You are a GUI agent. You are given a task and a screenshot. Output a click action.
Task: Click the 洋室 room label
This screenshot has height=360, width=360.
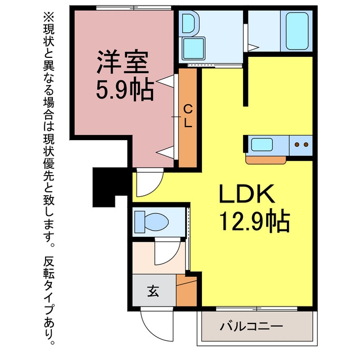point(123,61)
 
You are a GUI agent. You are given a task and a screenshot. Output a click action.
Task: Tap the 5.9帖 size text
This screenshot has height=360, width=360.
point(124,90)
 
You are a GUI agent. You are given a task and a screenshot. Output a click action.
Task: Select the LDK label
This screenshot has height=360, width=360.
point(247,194)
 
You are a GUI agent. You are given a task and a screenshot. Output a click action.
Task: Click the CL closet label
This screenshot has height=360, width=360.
point(188,116)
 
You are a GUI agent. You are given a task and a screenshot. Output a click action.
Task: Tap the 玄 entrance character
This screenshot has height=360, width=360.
point(153,291)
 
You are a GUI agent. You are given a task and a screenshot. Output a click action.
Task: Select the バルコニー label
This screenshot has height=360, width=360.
point(251,326)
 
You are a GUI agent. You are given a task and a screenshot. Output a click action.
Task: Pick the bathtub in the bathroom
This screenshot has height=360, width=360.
point(296,31)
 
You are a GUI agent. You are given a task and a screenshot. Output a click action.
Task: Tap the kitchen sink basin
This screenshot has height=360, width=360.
point(262,145)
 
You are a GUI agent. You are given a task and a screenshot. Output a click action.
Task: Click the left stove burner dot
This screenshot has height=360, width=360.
point(297,145)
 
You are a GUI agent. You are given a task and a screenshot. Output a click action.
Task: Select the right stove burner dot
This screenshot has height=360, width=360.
point(306,145)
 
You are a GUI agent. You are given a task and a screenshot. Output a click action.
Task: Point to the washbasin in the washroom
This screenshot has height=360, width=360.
point(189,22)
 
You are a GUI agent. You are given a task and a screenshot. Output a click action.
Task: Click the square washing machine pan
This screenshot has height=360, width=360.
point(193,49)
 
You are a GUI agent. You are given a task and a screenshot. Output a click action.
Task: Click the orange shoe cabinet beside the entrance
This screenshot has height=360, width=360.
point(187,291)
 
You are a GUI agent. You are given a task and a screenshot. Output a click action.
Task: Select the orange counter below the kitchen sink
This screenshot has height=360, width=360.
point(265,160)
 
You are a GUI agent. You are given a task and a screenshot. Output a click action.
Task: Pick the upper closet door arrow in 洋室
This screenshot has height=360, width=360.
point(165,81)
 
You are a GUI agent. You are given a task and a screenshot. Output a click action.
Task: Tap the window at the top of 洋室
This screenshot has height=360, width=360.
point(133,8)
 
